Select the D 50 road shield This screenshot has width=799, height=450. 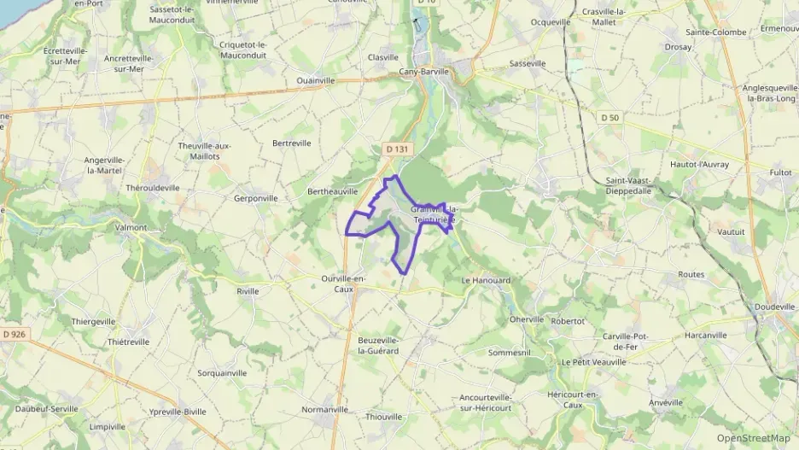(609, 117)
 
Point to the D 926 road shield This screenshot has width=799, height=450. (13, 333)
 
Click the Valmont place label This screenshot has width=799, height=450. (131, 228)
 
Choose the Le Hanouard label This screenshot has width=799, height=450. (486, 280)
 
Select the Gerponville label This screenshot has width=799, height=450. (256, 198)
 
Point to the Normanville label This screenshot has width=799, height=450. (325, 409)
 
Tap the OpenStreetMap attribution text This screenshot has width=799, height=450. (754, 438)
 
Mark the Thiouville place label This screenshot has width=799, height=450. (383, 417)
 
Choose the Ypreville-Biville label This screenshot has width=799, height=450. (178, 411)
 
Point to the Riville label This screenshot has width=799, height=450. (248, 291)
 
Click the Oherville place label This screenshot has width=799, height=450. (527, 319)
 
